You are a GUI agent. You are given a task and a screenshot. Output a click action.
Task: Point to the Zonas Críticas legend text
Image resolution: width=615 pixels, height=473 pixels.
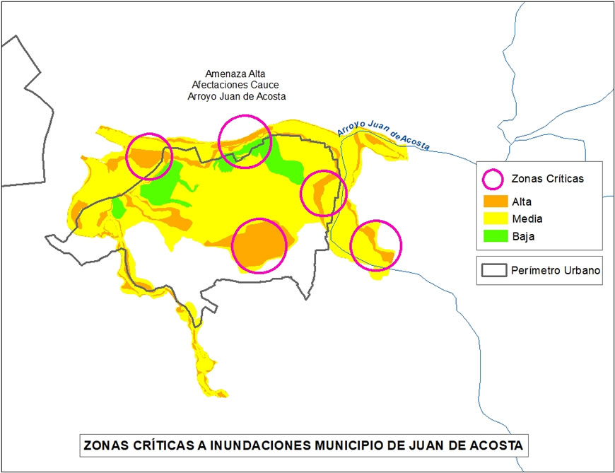[547, 179]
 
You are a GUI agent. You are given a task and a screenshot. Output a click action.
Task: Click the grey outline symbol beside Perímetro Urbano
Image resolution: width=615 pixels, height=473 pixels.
[493, 270]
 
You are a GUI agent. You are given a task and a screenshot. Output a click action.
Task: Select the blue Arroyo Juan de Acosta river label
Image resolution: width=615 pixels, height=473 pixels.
[383, 134]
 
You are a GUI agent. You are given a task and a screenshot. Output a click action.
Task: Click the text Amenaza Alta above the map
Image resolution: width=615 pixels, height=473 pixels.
[233, 73]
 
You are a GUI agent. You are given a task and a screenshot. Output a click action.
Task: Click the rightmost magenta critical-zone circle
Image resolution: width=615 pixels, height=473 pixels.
[375, 245]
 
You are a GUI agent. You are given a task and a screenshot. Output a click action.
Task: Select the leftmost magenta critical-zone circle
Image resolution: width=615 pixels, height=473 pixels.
[149, 156]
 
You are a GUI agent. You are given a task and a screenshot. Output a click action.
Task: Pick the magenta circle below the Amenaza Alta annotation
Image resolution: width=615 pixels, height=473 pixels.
[245, 141]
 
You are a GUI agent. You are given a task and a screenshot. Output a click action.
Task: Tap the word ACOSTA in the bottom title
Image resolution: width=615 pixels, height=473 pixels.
[493, 446]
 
